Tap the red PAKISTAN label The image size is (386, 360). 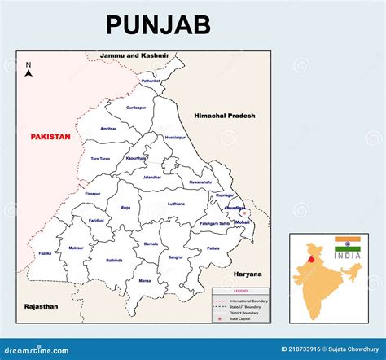(50, 137)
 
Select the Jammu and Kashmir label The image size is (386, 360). (134, 56)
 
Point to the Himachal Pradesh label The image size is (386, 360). (224, 116)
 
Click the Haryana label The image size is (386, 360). (247, 274)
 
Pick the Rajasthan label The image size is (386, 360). (41, 306)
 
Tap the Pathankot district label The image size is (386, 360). (151, 81)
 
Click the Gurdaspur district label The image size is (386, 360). (136, 108)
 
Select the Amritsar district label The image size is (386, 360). (108, 129)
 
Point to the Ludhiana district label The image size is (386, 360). (176, 203)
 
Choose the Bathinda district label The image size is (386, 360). (115, 261)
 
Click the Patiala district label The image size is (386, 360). (213, 248)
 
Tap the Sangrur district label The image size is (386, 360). (175, 257)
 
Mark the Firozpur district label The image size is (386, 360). (93, 194)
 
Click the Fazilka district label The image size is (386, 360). (46, 253)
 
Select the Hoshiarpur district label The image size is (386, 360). (175, 138)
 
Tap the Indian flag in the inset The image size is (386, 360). (347, 244)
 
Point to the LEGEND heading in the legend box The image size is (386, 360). (242, 292)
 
